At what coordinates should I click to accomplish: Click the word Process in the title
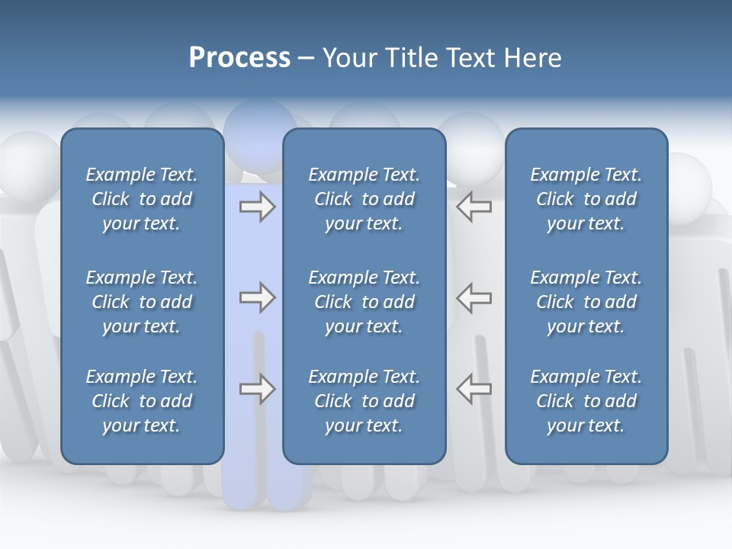click(239, 58)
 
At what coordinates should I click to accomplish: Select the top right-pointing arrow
click(257, 207)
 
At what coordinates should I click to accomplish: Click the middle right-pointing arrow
click(257, 297)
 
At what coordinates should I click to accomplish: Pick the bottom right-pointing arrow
click(257, 389)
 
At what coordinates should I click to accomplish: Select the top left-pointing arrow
click(474, 207)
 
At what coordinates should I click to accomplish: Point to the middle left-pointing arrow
click(474, 297)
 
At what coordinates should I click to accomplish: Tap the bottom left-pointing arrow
click(474, 389)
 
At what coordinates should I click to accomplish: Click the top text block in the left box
click(142, 199)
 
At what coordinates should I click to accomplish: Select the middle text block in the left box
click(142, 302)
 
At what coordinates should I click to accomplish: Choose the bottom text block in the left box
click(142, 401)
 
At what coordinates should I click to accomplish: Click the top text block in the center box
click(364, 199)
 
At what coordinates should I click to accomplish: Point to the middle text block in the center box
click(364, 302)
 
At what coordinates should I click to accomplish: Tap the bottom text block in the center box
click(364, 401)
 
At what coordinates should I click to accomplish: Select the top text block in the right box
click(586, 199)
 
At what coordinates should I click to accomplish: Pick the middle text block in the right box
click(586, 302)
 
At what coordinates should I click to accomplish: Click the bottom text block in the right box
click(586, 401)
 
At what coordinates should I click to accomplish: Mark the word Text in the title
click(470, 58)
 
